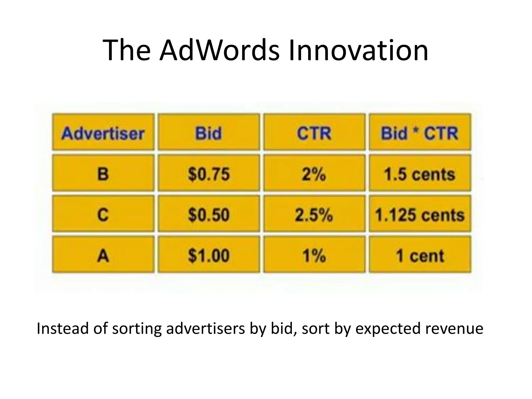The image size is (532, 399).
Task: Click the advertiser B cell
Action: pos(103,173)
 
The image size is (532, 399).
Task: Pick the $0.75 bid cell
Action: pos(209,173)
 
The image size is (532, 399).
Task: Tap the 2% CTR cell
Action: pos(314,173)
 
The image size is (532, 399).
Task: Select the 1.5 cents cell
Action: pos(420,173)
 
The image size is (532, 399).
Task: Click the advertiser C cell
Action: pos(103,214)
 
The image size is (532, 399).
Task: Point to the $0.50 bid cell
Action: pos(209,214)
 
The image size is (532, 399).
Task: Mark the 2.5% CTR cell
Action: pos(314,214)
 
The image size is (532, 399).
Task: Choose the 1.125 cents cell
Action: pos(420,214)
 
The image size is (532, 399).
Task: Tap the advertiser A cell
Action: pos(103,255)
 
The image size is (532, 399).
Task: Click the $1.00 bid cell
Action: pos(209,255)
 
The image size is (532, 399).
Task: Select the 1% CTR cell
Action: pos(314,255)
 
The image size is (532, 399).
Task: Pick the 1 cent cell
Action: pos(420,255)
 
